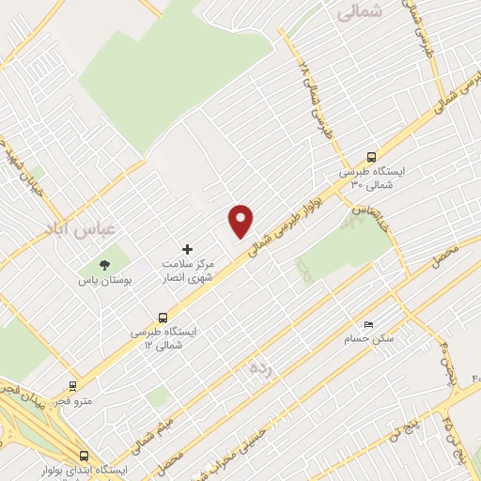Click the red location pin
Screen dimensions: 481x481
click(x=241, y=220)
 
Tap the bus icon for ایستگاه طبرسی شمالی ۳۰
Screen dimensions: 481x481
click(x=372, y=158)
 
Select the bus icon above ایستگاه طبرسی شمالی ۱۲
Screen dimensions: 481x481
click(x=163, y=317)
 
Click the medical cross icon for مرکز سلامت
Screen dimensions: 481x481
click(x=187, y=249)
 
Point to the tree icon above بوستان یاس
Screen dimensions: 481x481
click(x=105, y=264)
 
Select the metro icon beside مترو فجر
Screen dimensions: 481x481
click(x=73, y=385)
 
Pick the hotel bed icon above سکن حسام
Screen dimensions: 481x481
click(x=367, y=323)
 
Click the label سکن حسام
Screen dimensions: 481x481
click(x=367, y=338)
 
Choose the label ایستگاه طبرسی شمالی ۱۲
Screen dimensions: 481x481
click(x=163, y=339)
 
